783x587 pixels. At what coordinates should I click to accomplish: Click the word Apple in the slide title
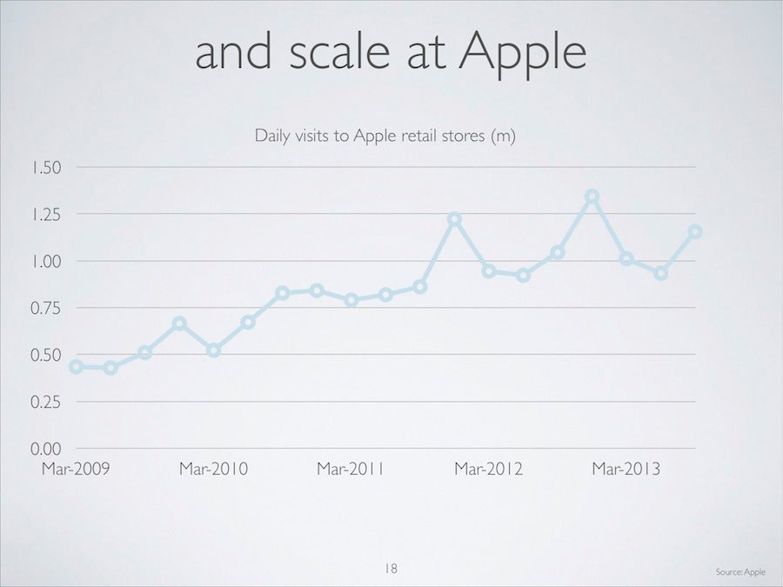tap(523, 53)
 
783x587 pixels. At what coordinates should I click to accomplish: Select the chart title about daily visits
tap(385, 136)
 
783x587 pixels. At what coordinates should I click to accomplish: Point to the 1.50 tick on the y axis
tap(46, 167)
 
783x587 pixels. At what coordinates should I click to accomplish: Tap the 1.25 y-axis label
tap(46, 214)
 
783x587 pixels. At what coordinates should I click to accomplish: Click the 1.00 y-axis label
tap(46, 261)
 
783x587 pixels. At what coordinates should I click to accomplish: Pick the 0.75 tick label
tap(46, 308)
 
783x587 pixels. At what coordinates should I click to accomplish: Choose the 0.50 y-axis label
tap(46, 355)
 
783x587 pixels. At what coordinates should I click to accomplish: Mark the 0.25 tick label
tap(46, 402)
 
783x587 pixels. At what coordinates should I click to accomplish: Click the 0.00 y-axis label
tap(46, 449)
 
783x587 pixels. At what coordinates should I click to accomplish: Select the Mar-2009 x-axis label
tap(76, 469)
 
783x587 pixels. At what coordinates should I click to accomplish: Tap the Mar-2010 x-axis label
tap(214, 469)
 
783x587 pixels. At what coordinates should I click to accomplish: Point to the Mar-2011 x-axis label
tap(351, 469)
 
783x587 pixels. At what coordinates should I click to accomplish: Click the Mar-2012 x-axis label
tap(488, 469)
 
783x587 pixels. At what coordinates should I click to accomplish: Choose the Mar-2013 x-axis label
tap(626, 469)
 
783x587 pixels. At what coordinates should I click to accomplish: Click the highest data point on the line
tap(592, 197)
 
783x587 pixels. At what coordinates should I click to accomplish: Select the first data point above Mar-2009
tap(76, 367)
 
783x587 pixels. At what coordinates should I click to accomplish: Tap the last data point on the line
tap(695, 231)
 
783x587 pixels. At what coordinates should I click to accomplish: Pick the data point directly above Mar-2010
tap(214, 350)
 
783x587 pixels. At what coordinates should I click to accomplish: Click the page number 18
tap(391, 568)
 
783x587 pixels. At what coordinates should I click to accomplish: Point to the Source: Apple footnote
tap(740, 571)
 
